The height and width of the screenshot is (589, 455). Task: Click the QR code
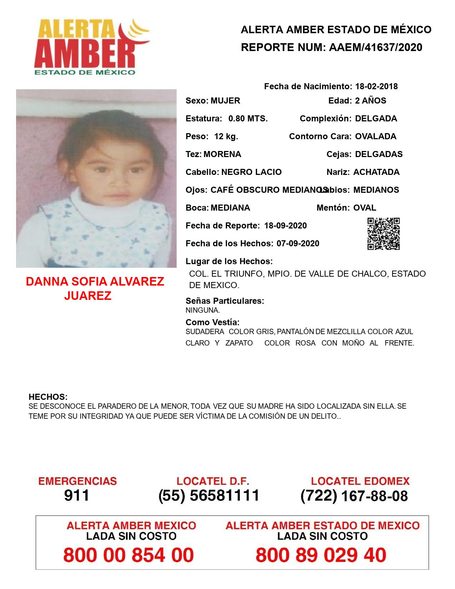pos(384,234)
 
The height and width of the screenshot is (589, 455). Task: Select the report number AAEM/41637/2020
pos(375,47)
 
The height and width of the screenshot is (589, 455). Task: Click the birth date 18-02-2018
pos(376,86)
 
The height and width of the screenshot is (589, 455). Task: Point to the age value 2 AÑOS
pos(370,101)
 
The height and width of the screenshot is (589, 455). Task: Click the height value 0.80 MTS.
pos(248,119)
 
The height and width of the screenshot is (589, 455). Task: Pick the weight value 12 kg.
pos(226,136)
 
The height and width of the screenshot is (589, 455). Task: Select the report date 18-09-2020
pos(285,226)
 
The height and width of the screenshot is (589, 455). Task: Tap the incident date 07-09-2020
pos(298,243)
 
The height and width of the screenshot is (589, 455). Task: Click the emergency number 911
pos(77,495)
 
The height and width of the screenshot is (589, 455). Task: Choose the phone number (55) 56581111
pos(209,495)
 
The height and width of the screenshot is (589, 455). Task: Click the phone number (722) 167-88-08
pos(354,495)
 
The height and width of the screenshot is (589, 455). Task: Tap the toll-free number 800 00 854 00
pos(128,555)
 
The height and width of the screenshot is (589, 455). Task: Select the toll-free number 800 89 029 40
pos(321,555)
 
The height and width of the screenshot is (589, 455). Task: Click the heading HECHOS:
pos(48,397)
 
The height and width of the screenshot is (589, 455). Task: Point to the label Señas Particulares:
pos(225,301)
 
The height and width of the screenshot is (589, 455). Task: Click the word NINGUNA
pos(202,310)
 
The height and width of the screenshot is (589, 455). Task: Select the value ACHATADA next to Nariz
pos(376,172)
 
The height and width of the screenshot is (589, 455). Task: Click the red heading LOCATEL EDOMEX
pos(360,481)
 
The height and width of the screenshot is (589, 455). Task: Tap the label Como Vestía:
pos(212,322)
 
